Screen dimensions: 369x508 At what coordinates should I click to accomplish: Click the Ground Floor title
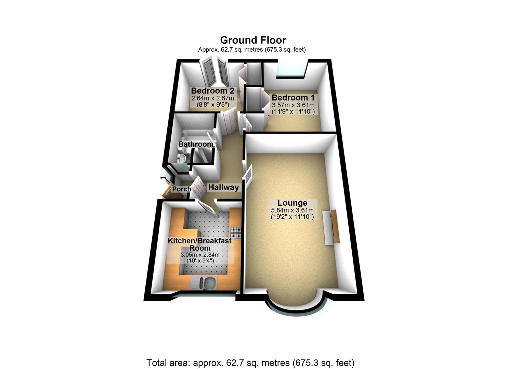pyautogui.click(x=253, y=40)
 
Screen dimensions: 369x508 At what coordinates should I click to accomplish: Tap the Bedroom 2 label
pyautogui.click(x=212, y=91)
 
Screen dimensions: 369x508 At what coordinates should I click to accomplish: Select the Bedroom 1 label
pyautogui.click(x=293, y=98)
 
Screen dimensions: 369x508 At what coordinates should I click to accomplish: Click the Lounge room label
pyautogui.click(x=292, y=203)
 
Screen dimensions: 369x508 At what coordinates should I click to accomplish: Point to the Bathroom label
pyautogui.click(x=196, y=144)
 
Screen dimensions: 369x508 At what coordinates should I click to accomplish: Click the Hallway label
pyautogui.click(x=223, y=187)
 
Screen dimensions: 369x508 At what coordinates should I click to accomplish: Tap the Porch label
pyautogui.click(x=182, y=189)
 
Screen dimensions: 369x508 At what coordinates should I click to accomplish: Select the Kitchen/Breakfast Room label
pyautogui.click(x=200, y=244)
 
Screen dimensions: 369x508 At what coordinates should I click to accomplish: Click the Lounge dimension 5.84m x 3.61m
pyautogui.click(x=292, y=210)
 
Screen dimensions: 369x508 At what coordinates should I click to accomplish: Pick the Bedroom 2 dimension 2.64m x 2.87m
pyautogui.click(x=212, y=98)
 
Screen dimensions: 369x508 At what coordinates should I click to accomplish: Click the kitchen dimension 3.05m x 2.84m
pyautogui.click(x=200, y=255)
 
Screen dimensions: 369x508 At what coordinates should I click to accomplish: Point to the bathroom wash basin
pyautogui.click(x=182, y=158)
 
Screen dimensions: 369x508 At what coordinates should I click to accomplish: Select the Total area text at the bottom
pyautogui.click(x=250, y=363)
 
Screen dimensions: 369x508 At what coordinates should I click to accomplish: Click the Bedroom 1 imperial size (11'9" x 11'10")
pyautogui.click(x=293, y=111)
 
